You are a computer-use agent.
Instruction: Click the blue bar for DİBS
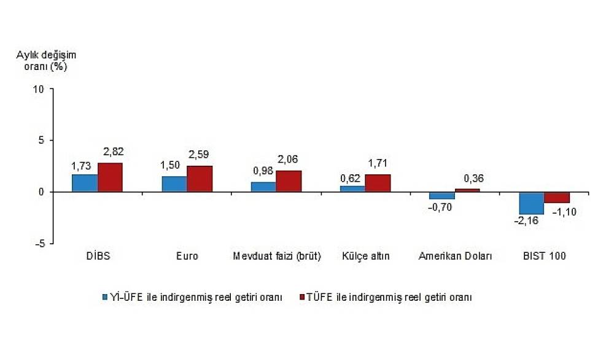pyautogui.click(x=85, y=183)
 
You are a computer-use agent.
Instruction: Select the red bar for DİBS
pyautogui.click(x=110, y=177)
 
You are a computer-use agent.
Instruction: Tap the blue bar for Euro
pyautogui.click(x=174, y=184)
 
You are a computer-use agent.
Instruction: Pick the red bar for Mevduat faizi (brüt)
pyautogui.click(x=289, y=181)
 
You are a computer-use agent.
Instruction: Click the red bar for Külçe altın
pyautogui.click(x=378, y=183)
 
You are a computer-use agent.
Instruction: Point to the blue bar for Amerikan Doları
pyautogui.click(x=442, y=196)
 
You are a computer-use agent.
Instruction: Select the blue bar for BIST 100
pyautogui.click(x=531, y=203)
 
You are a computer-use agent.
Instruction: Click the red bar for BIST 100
pyautogui.click(x=557, y=198)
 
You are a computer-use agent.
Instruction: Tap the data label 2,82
pyautogui.click(x=112, y=152)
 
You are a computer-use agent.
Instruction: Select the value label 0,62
pyautogui.click(x=351, y=179)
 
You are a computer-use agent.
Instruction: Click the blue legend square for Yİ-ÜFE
pyautogui.click(x=106, y=297)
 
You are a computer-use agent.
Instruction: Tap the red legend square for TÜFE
pyautogui.click(x=301, y=297)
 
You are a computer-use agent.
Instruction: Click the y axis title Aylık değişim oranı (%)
pyautogui.click(x=46, y=60)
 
